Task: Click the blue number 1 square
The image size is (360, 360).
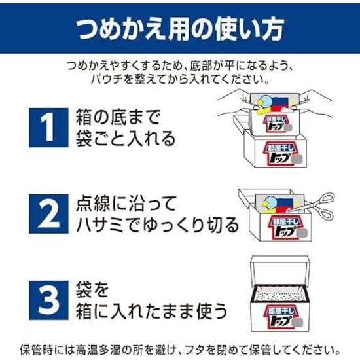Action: [x=48, y=128]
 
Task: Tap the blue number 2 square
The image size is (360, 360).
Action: [x=48, y=214]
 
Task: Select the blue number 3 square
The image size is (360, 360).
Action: [x=48, y=300]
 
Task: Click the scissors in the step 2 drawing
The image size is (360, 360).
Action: [x=318, y=207]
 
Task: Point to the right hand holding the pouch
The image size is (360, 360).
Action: [x=315, y=103]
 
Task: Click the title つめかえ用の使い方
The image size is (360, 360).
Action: [x=180, y=29]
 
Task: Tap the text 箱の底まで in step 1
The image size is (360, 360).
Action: [x=118, y=117]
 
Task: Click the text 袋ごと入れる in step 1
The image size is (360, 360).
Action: [x=126, y=139]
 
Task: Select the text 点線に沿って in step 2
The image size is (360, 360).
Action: [x=126, y=204]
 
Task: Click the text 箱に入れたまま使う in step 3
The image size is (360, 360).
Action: [x=152, y=311]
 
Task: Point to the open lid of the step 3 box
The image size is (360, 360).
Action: [x=279, y=271]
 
